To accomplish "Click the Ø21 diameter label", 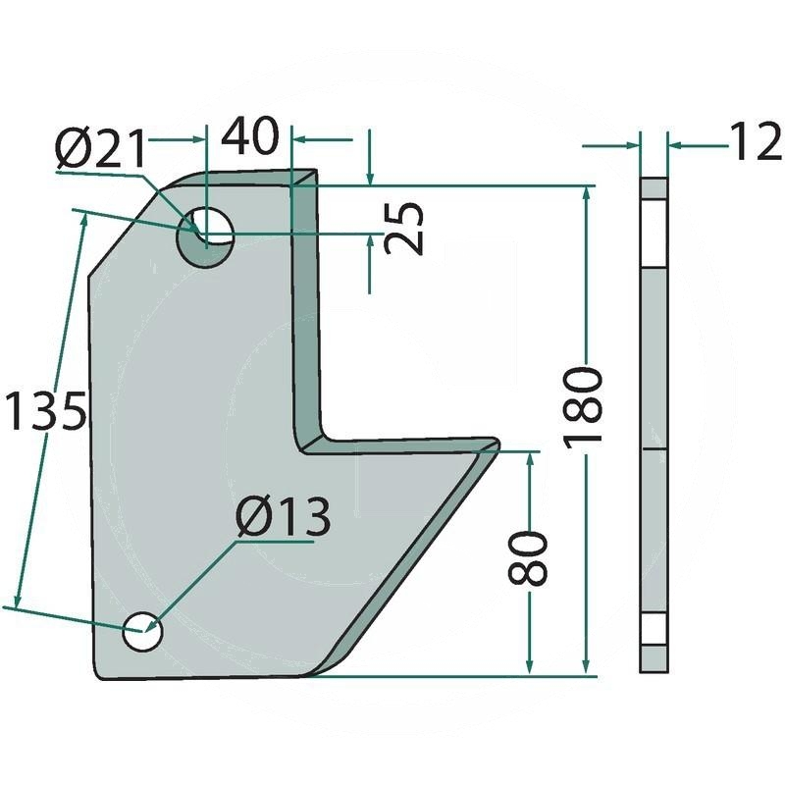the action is [x=101, y=149].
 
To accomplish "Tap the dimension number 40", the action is [x=250, y=135].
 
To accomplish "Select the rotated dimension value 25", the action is [x=404, y=229].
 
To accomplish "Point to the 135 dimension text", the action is [x=45, y=411].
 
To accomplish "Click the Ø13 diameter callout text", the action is [x=283, y=516].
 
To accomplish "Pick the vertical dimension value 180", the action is [x=583, y=406].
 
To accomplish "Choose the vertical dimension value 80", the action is [x=528, y=558].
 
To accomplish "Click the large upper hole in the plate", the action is [x=205, y=236].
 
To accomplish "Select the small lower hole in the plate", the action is [x=142, y=631].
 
